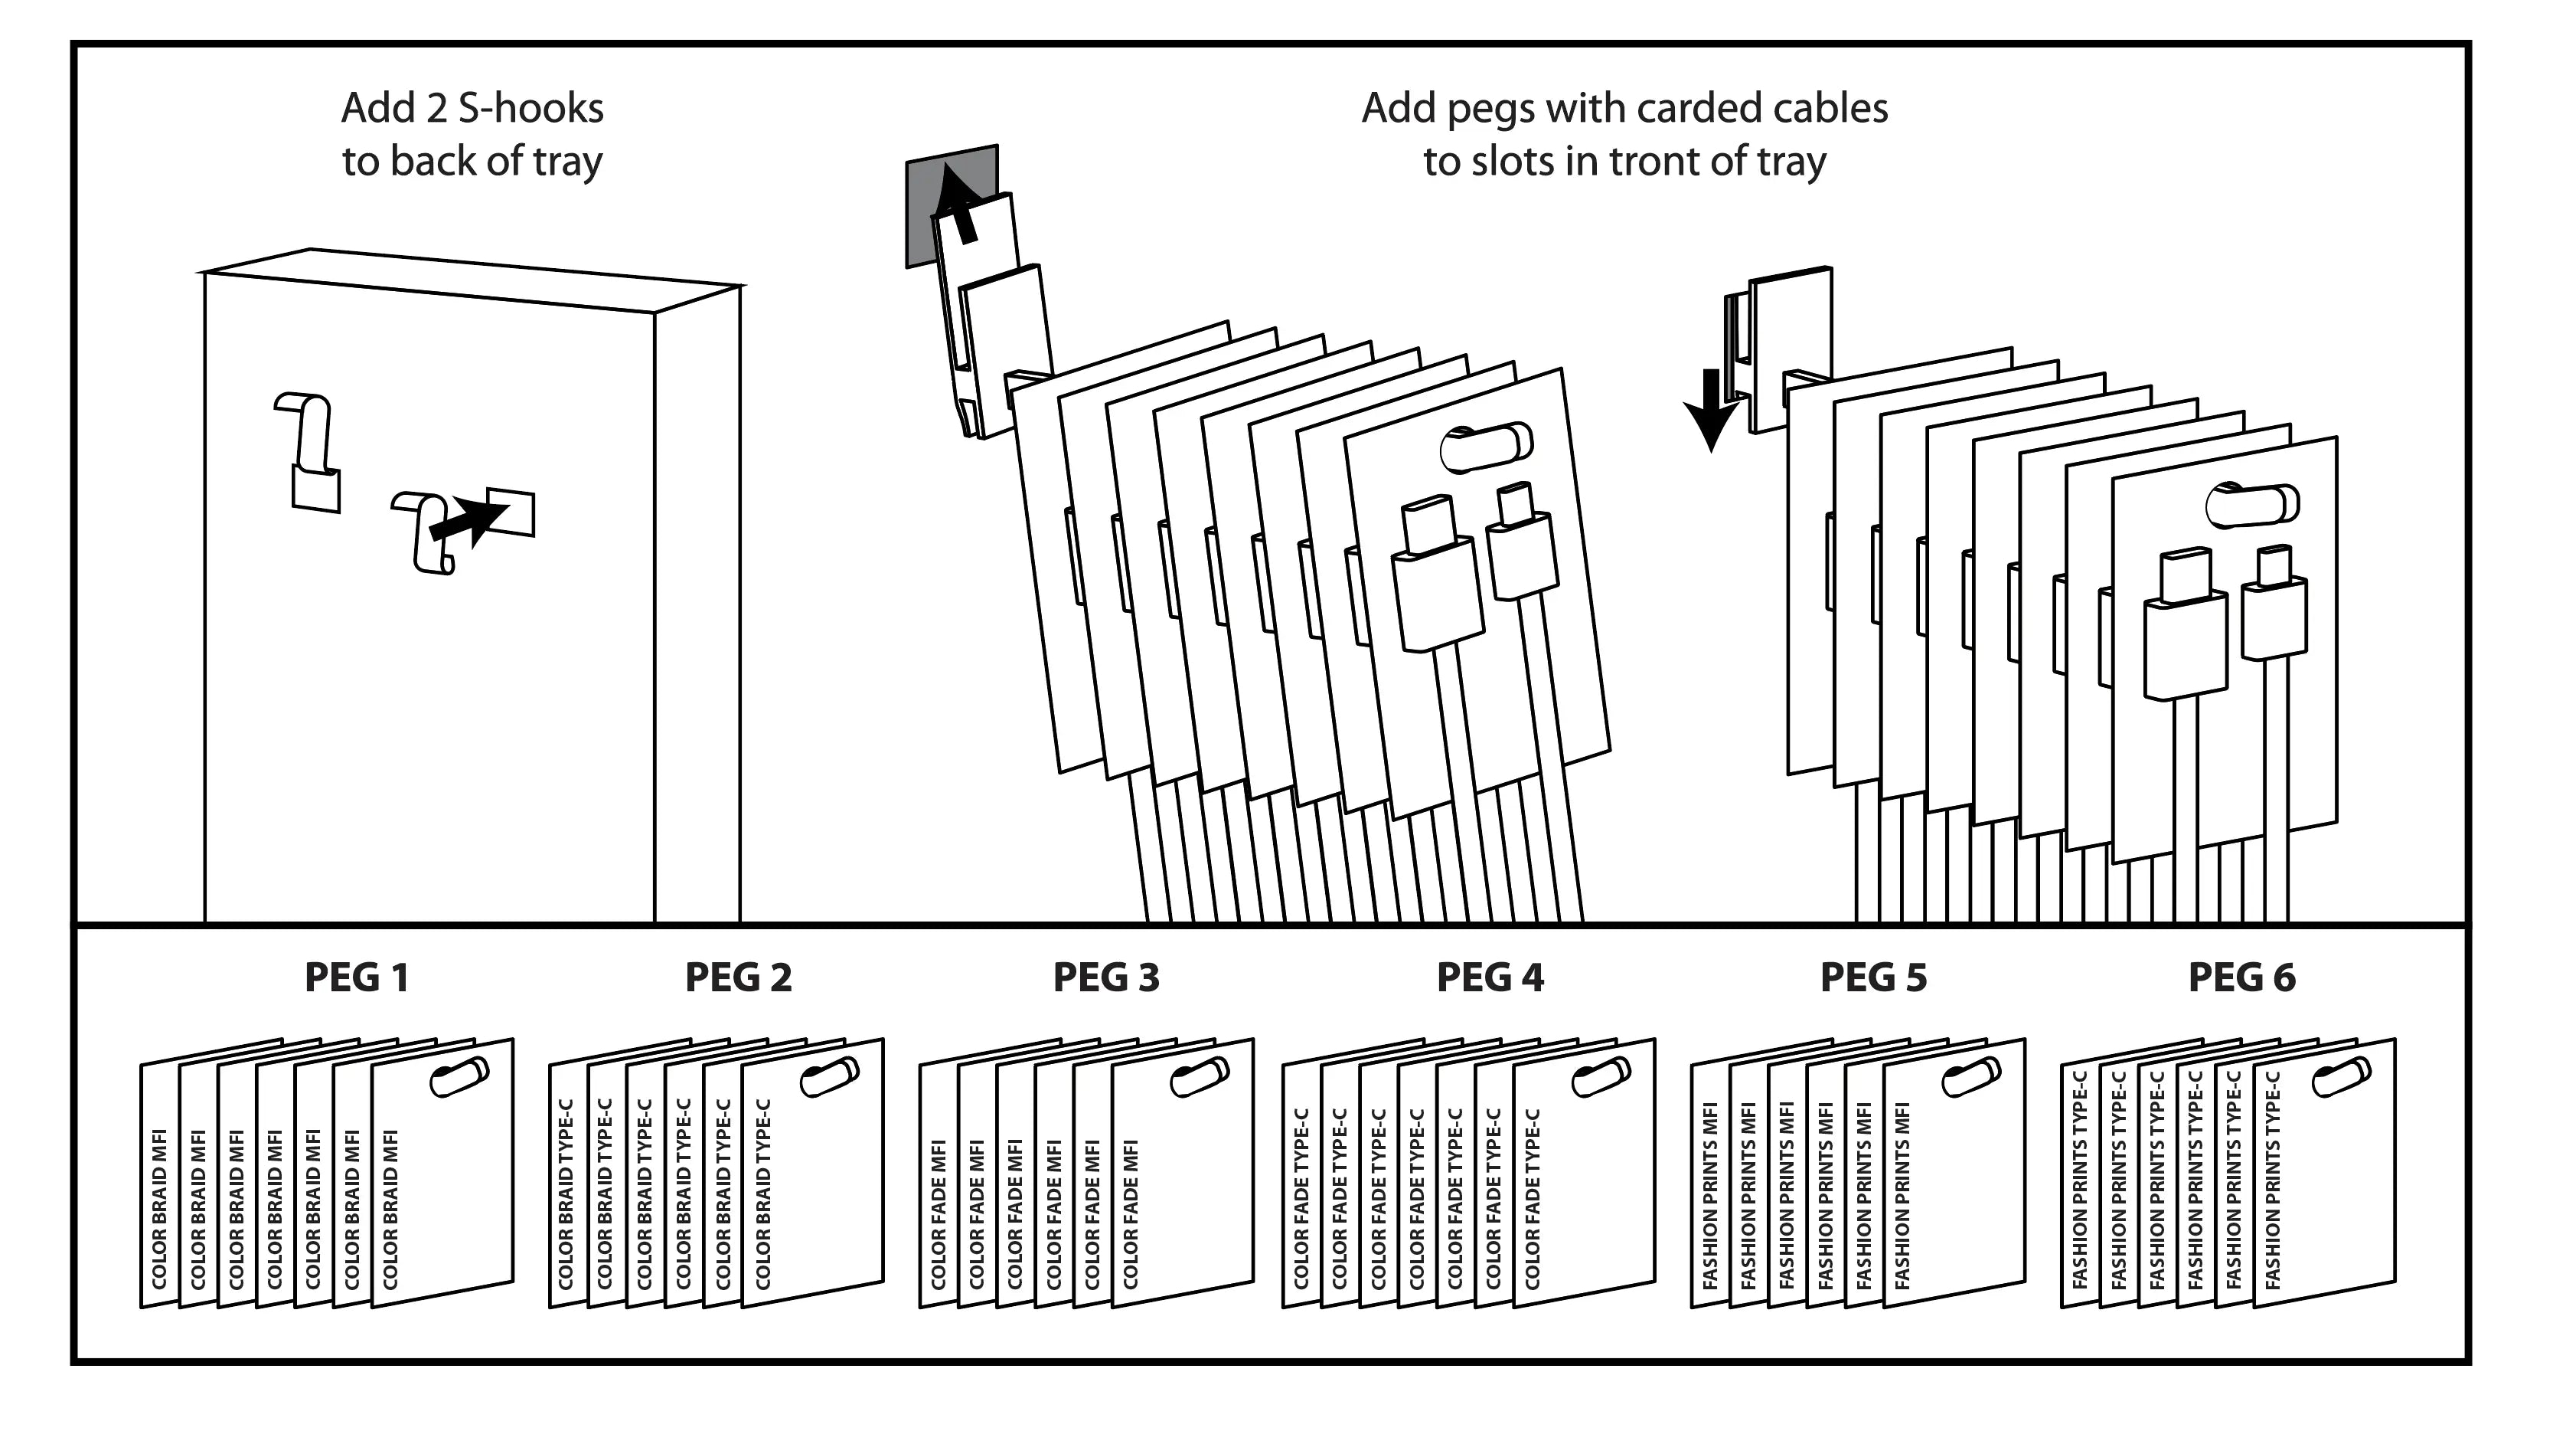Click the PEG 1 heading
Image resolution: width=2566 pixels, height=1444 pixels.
pyautogui.click(x=357, y=977)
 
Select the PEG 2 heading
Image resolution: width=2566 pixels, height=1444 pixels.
pyautogui.click(x=738, y=977)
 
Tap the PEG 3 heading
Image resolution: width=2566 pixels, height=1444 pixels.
pyautogui.click(x=1105, y=977)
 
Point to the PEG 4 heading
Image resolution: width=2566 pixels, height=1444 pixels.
pyautogui.click(x=1490, y=977)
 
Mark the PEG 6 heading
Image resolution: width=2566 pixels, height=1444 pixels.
pyautogui.click(x=2241, y=977)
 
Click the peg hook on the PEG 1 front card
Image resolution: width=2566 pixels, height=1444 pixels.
pyautogui.click(x=459, y=1077)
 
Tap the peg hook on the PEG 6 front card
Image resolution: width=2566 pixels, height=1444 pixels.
pyautogui.click(x=2341, y=1077)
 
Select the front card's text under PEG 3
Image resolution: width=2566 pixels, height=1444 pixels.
pyautogui.click(x=1131, y=1213)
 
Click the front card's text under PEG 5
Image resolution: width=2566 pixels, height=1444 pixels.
pyautogui.click(x=1902, y=1196)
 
